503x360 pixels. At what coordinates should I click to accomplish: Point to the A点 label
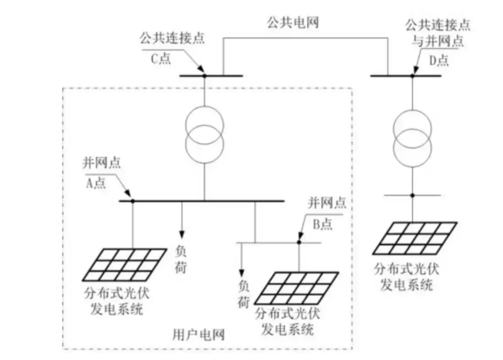[95, 181]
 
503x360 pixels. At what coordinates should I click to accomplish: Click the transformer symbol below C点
[204, 129]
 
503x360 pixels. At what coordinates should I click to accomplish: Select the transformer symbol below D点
[411, 129]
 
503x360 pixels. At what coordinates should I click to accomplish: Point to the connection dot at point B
[299, 242]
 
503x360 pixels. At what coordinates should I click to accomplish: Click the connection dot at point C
[204, 76]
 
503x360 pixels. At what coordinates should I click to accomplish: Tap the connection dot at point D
[411, 76]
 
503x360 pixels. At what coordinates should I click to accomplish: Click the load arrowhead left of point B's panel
[242, 269]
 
